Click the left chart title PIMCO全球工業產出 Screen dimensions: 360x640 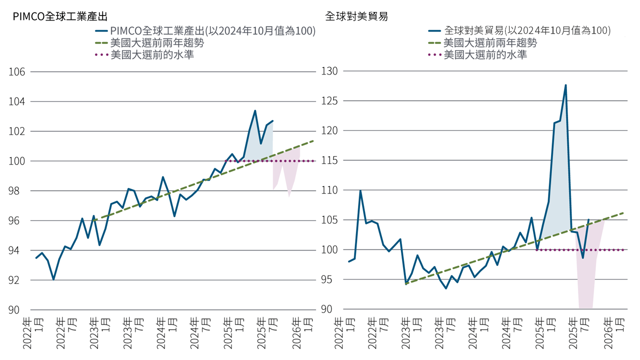pyautogui.click(x=60, y=16)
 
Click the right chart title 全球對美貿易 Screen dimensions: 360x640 pyautogui.click(x=356, y=16)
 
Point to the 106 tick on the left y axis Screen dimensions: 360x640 pyautogui.click(x=17, y=72)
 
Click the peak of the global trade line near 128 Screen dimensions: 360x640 pyautogui.click(x=565, y=85)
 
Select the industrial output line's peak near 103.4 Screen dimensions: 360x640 pyautogui.click(x=255, y=110)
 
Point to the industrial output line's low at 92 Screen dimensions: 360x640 pyautogui.click(x=53, y=279)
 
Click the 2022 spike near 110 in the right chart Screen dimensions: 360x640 pyautogui.click(x=360, y=190)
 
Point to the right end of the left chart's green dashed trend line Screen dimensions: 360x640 pyautogui.click(x=313, y=140)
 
